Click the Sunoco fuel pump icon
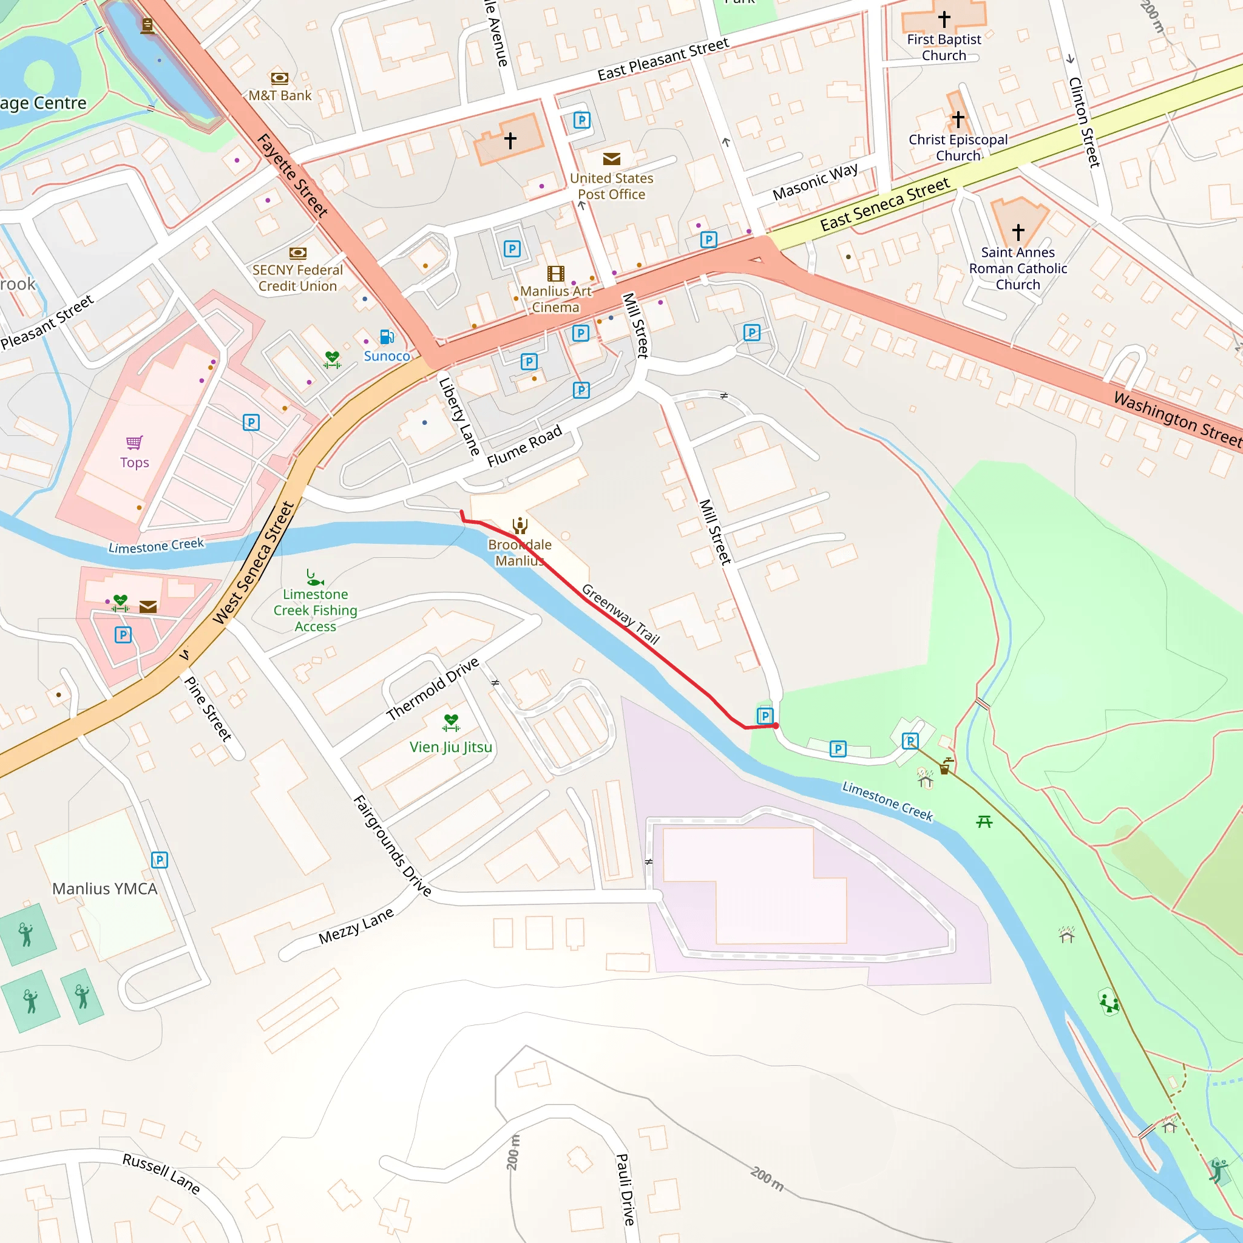(387, 337)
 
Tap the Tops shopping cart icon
(135, 442)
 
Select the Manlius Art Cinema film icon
(556, 274)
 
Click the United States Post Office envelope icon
(611, 159)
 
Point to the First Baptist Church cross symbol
(944, 19)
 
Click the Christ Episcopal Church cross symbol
(958, 119)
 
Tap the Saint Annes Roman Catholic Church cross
(1018, 232)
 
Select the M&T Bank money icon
(279, 78)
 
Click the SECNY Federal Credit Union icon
(298, 253)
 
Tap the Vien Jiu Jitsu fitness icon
(451, 723)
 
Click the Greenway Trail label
(621, 614)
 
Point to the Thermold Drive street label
(433, 688)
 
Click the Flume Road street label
(524, 446)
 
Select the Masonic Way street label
(815, 182)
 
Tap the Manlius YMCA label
(105, 889)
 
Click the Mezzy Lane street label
(356, 926)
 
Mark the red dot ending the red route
(776, 726)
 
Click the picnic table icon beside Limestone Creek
(984, 822)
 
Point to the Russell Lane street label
(161, 1173)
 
